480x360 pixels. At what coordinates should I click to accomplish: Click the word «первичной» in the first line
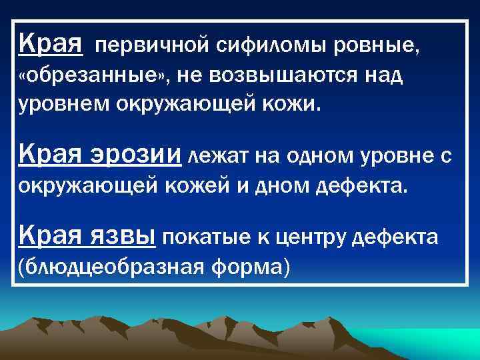coord(153,47)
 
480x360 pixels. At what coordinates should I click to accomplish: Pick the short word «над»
coord(383,77)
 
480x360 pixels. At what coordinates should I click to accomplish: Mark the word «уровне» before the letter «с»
coord(400,156)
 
